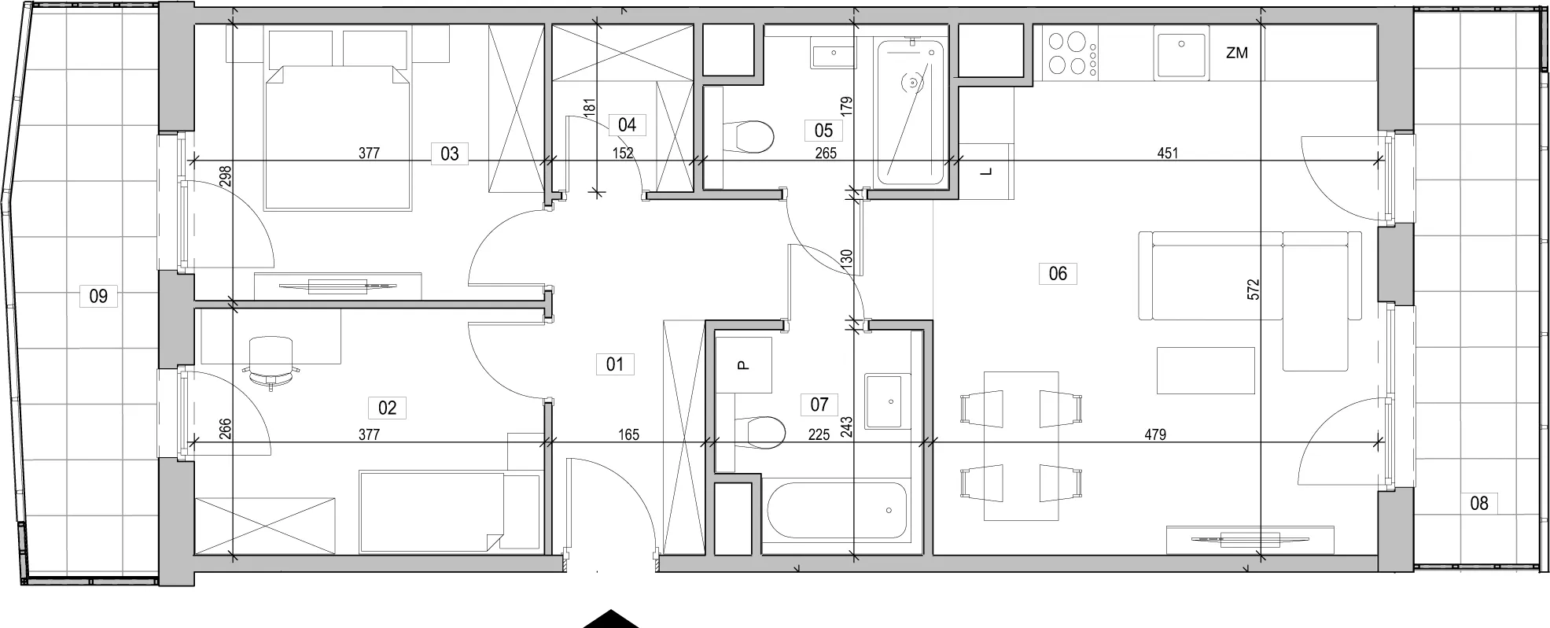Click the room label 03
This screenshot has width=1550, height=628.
449,153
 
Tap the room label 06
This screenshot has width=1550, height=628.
1058,273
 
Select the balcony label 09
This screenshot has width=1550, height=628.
98,297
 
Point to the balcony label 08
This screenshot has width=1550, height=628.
1478,503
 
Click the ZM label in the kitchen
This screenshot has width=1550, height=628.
1237,54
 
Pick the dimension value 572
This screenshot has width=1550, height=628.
1254,289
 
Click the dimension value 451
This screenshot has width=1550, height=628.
1168,153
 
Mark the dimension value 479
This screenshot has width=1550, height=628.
1155,434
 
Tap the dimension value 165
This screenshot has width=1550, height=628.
628,434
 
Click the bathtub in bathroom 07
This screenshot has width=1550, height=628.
836,510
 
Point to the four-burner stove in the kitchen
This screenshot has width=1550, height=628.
1071,54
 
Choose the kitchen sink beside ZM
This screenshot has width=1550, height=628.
1180,54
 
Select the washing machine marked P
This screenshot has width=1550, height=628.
744,365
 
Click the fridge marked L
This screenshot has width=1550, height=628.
985,172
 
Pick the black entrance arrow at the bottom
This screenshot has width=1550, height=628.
610,619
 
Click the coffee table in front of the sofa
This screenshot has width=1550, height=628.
1206,371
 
